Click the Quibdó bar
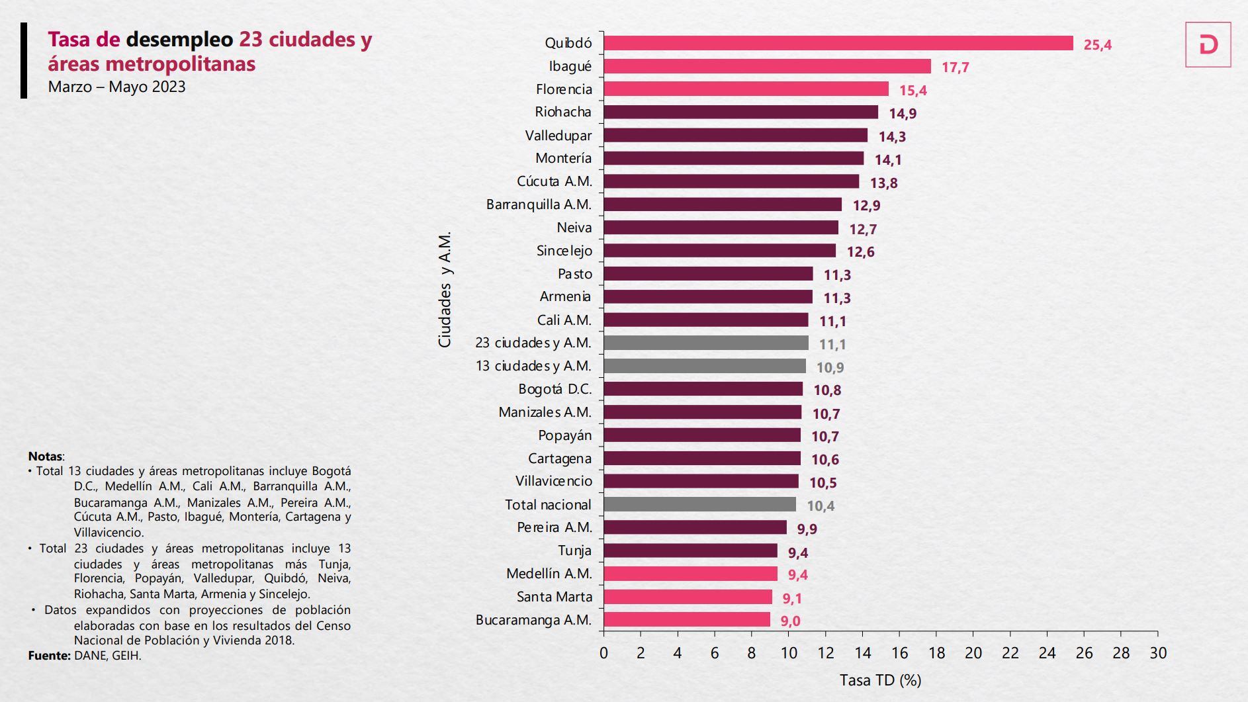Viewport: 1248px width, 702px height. [x=838, y=43]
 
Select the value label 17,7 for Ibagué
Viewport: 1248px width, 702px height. [x=955, y=67]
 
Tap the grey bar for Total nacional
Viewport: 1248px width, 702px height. [x=699, y=505]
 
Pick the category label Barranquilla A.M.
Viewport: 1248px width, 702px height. [x=539, y=204]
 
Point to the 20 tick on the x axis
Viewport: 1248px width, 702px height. [x=973, y=653]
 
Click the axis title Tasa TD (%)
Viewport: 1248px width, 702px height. [x=880, y=680]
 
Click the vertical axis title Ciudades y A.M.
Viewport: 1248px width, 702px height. [x=445, y=289]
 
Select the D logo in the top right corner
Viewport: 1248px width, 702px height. [x=1208, y=45]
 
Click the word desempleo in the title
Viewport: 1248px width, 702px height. [x=179, y=40]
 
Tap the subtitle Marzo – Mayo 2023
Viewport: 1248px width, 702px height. [x=116, y=87]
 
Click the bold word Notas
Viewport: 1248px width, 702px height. [x=45, y=457]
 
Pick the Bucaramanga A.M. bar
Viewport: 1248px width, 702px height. [x=686, y=620]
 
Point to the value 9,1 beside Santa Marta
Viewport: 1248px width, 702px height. [x=792, y=599]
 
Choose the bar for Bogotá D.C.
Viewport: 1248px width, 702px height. [x=703, y=389]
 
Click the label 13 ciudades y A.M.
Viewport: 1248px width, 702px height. [x=533, y=366]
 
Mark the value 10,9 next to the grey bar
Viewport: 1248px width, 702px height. [x=830, y=368]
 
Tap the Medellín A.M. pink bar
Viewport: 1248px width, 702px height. [x=690, y=574]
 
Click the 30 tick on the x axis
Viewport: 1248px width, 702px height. [x=1157, y=653]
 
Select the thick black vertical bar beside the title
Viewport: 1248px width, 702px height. [x=24, y=60]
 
